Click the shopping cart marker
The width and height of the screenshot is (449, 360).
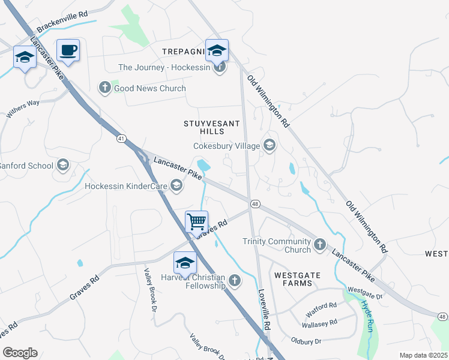(197, 222)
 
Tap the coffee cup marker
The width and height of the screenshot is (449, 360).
(68, 50)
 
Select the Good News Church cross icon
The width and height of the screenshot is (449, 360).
(104, 88)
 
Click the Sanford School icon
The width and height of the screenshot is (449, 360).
(62, 166)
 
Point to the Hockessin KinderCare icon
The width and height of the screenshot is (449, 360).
(176, 186)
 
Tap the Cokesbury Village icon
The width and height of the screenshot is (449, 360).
(270, 145)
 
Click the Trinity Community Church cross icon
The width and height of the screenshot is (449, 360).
(320, 244)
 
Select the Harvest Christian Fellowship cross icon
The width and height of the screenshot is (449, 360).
(235, 280)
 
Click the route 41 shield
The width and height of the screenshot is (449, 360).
(121, 139)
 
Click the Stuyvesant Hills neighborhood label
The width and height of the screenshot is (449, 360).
(211, 127)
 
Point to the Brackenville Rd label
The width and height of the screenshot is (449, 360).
(62, 20)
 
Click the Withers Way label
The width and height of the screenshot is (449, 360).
(23, 109)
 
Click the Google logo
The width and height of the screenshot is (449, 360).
(20, 353)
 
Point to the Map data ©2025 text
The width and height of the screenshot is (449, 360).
(423, 355)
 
